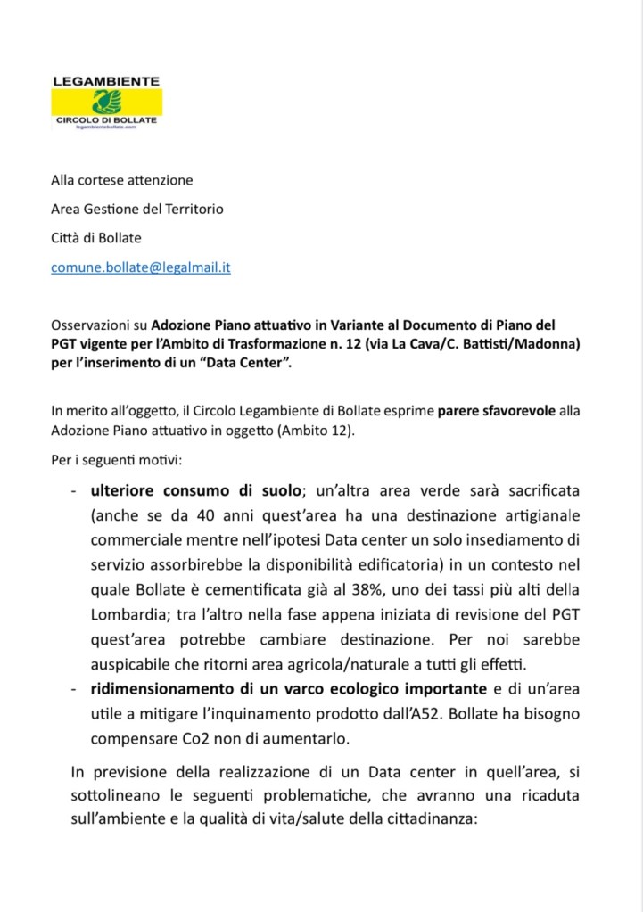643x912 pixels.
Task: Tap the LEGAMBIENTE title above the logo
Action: pos(105,81)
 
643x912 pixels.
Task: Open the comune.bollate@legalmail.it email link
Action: pos(140,267)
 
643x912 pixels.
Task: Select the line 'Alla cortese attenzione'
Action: pos(121,180)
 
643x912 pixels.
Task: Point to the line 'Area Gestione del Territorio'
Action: pos(136,209)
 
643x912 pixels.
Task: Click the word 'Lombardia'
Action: pos(132,615)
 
